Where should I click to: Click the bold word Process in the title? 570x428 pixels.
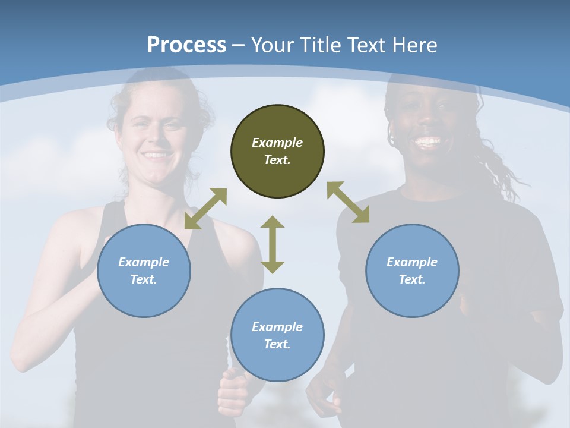186,45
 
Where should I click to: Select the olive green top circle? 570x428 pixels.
277,152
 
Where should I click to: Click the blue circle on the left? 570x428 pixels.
144,270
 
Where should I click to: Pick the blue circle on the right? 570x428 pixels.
412,270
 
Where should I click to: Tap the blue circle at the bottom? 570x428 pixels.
277,335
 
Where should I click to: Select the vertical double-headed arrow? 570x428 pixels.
273,244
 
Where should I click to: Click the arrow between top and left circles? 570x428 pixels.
205,209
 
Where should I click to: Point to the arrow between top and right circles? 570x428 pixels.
348,202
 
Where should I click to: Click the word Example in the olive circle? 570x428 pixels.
277,143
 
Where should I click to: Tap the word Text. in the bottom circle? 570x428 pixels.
277,344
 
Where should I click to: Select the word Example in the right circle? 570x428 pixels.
412,262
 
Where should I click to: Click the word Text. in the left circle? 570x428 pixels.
144,279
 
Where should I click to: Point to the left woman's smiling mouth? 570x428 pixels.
156,155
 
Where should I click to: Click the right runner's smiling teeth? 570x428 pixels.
428,141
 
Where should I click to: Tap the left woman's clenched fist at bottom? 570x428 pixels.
233,392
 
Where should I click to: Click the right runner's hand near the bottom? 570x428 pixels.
324,395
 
